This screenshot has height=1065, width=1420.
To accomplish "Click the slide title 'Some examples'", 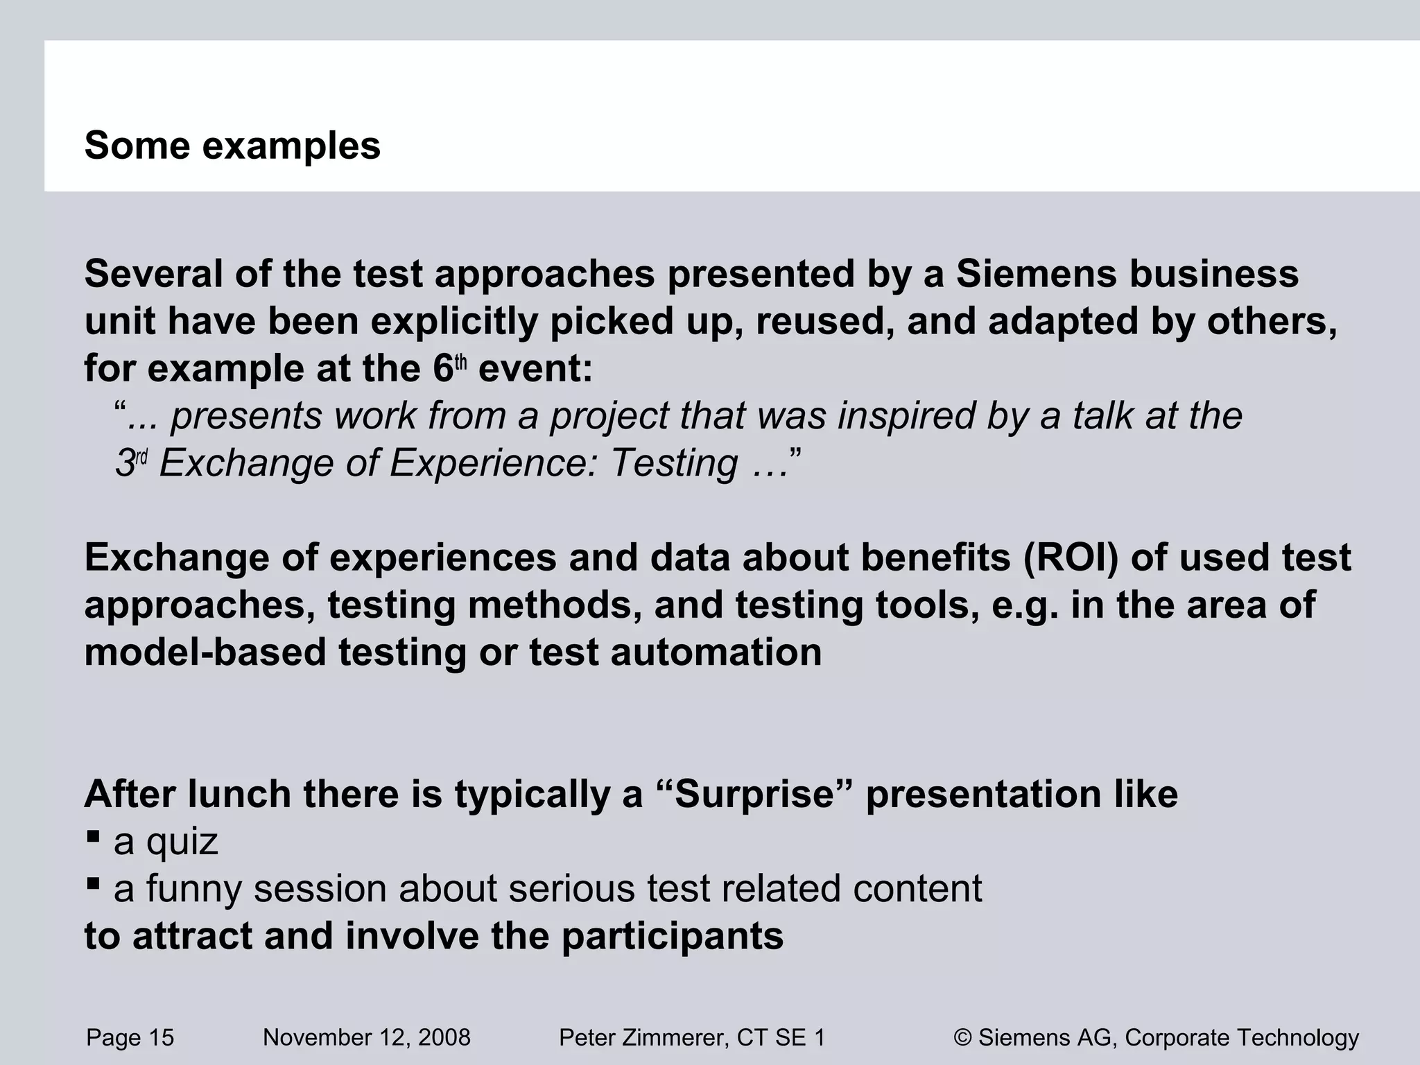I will tap(232, 146).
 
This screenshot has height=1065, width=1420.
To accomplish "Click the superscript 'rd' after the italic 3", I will tap(141, 457).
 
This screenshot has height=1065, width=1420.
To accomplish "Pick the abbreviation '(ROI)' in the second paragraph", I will tap(1071, 557).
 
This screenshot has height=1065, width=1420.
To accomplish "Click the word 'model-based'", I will tap(205, 652).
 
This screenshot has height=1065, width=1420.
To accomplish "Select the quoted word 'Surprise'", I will tap(754, 795).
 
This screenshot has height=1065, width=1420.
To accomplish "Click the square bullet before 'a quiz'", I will tap(93, 836).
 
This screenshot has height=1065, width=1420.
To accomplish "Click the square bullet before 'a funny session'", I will tap(93, 883).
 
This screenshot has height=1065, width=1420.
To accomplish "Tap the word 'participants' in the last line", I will tap(672, 937).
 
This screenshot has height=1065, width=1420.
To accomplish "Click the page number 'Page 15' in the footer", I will tap(130, 1038).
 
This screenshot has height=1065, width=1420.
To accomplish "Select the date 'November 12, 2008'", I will tap(366, 1038).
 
